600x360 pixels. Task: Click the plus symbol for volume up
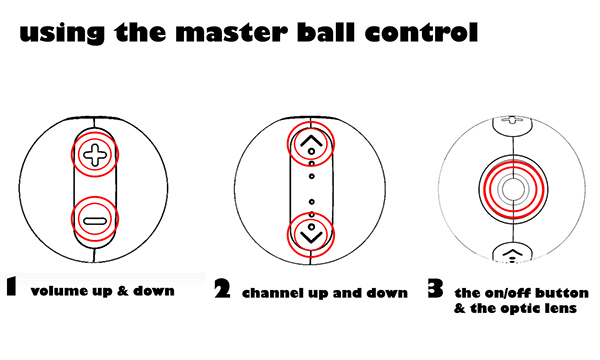coord(95,154)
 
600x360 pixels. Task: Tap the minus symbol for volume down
coord(95,221)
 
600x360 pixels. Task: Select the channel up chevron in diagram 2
coord(311,141)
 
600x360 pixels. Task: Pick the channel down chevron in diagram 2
coord(311,237)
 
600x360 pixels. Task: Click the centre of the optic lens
coord(513,189)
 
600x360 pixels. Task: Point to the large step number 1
coord(12,286)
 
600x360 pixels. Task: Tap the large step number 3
coord(435,288)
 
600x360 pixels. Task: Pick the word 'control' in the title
coord(421,32)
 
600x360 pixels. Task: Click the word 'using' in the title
coord(62,34)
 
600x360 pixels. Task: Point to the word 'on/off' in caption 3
coord(509,293)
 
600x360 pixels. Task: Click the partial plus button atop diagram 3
coord(512,125)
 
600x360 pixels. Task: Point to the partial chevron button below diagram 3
coord(512,252)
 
